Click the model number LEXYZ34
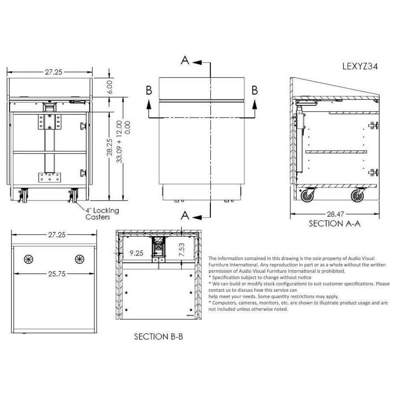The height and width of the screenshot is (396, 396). tap(360, 66)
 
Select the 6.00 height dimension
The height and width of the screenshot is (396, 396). tap(110, 87)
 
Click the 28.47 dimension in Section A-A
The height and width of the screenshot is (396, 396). tap(335, 214)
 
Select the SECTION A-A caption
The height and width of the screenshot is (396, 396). tap(334, 224)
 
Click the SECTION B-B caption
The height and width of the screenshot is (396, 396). tap(158, 337)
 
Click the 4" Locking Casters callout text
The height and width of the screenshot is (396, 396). tap(102, 214)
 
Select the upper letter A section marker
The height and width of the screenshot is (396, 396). tap(185, 61)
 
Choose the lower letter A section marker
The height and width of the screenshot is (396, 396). tap(185, 215)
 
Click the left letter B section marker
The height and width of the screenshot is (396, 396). tap(149, 90)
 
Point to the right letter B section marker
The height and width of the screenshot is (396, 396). tap(254, 90)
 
